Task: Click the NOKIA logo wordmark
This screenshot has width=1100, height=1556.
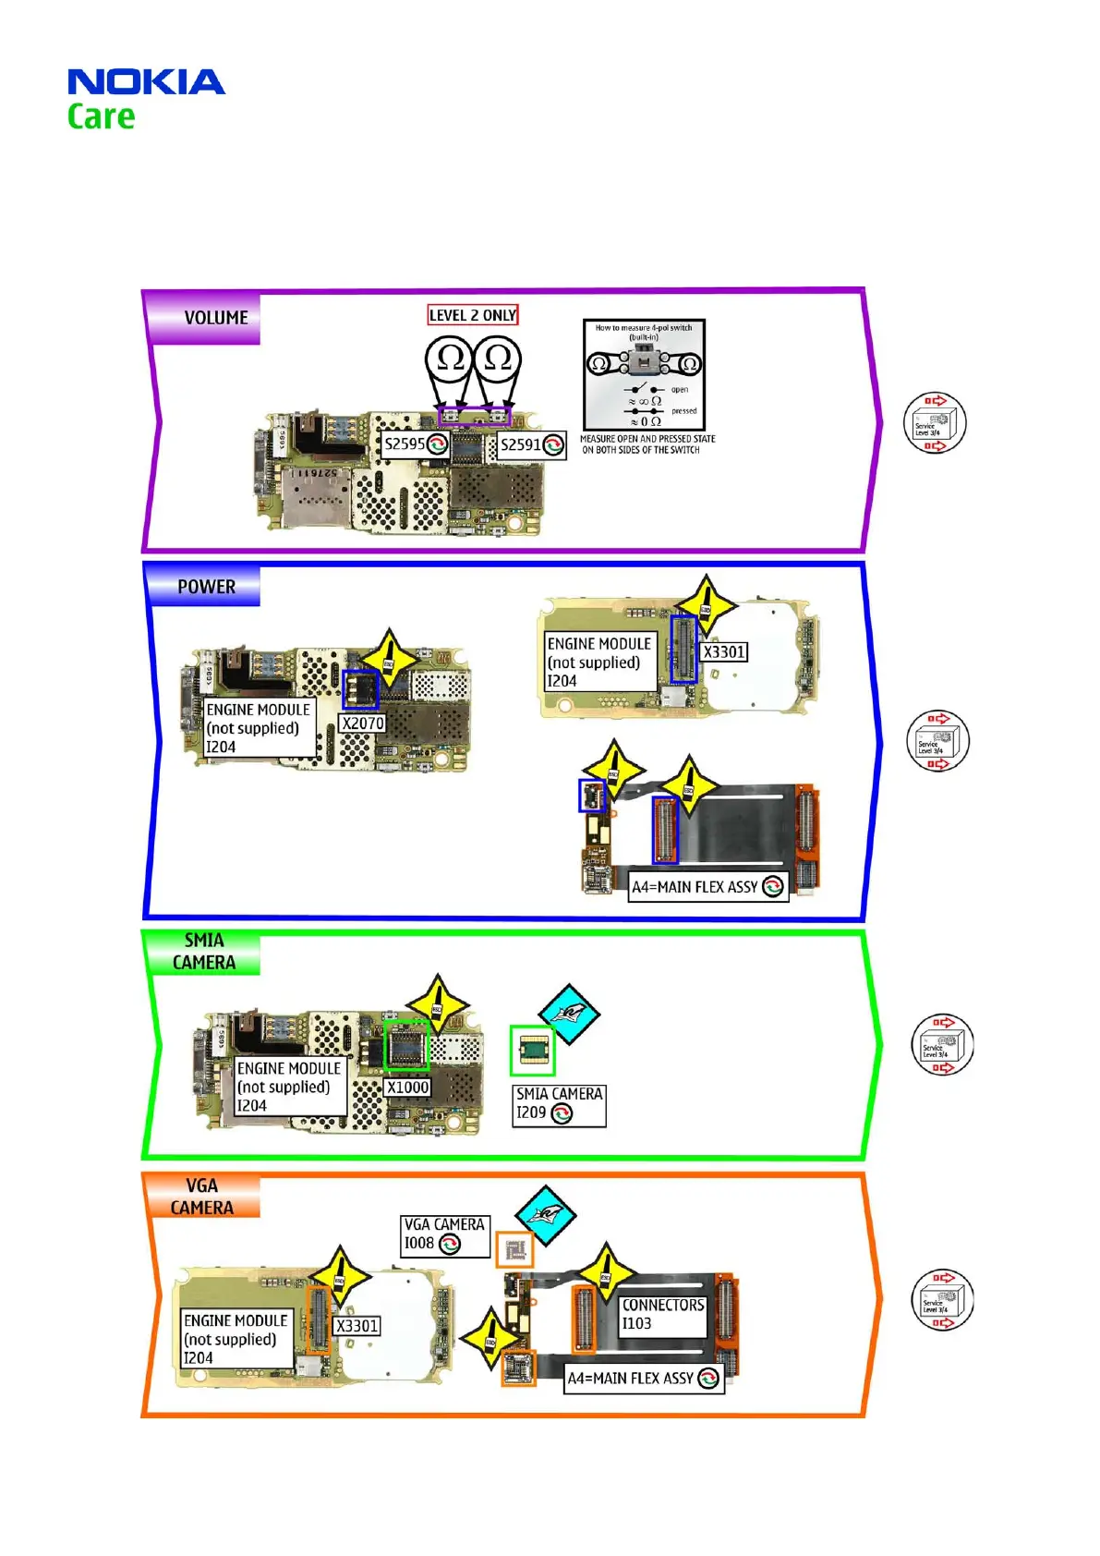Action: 146,82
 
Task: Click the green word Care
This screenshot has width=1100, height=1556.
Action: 101,117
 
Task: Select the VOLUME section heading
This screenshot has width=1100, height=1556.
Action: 215,318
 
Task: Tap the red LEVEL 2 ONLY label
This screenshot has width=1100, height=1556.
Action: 472,315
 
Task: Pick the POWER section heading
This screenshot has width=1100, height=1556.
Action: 206,587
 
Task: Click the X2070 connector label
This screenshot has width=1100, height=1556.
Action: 363,723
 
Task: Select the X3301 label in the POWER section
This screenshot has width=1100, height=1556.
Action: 723,651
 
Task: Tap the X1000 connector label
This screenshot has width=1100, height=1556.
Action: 407,1087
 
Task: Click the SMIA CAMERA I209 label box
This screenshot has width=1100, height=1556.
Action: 559,1104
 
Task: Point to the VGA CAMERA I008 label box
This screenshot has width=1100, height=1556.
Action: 444,1234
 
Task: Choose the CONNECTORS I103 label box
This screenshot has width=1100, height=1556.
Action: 662,1314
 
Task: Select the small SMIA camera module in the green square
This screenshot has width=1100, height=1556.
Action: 532,1050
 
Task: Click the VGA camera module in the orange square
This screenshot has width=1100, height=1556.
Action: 514,1251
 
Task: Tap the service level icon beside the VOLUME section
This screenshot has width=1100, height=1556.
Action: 935,423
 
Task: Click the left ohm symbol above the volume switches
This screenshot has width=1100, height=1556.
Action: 450,359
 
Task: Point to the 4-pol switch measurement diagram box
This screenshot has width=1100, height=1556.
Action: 644,374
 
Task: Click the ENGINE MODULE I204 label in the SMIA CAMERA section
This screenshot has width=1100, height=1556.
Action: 289,1087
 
